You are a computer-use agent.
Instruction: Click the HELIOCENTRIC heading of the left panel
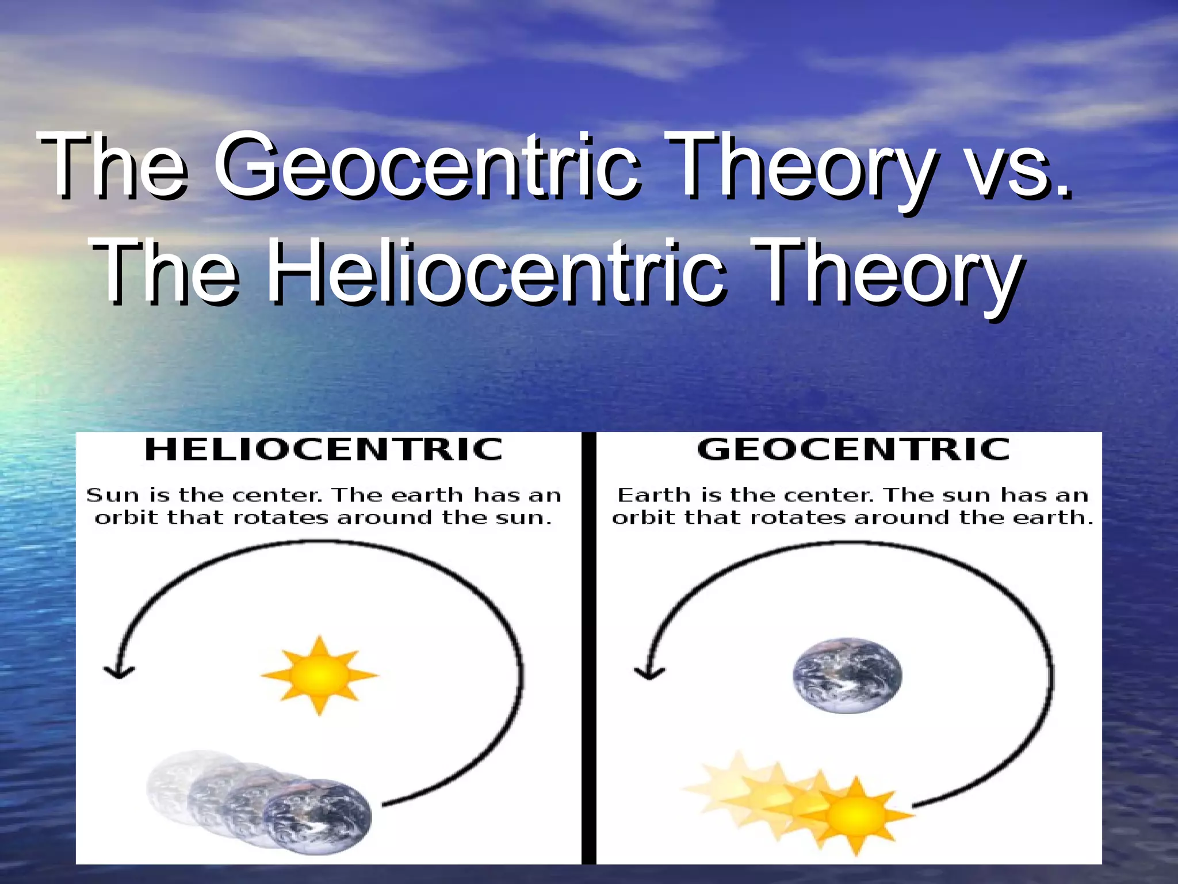pyautogui.click(x=324, y=449)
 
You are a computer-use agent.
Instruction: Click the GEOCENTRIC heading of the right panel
pyautogui.click(x=854, y=449)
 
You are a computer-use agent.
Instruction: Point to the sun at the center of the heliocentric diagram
pyautogui.click(x=320, y=674)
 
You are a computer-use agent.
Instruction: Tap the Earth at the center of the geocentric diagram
pyautogui.click(x=847, y=675)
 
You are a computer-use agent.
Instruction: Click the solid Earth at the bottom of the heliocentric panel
pyautogui.click(x=318, y=816)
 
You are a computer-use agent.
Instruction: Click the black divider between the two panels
pyautogui.click(x=589, y=647)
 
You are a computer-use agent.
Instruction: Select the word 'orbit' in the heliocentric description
pyautogui.click(x=127, y=518)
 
